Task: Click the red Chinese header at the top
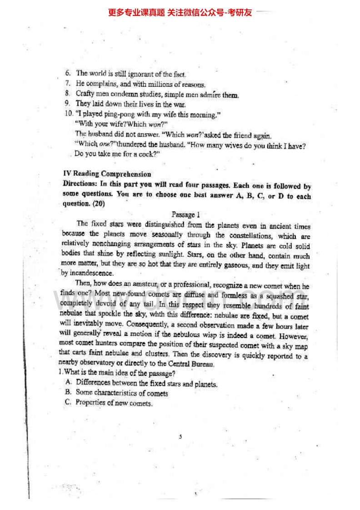coord(180,12)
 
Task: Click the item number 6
coord(68,73)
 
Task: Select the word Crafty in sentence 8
coord(85,94)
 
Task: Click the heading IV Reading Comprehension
coord(107,174)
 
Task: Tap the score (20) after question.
coord(98,204)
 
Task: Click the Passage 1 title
coord(185,215)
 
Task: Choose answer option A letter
coord(68,383)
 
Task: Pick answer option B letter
coord(68,392)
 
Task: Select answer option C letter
coord(68,402)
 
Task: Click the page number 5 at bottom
coord(180,436)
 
